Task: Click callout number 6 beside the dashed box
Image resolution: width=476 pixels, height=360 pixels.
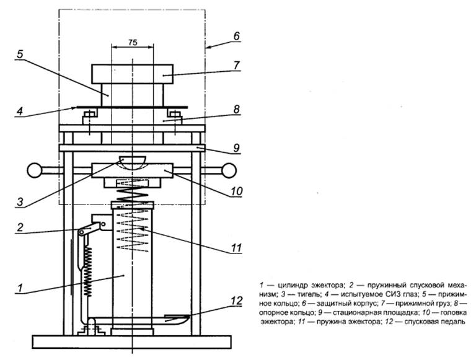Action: [x=236, y=37]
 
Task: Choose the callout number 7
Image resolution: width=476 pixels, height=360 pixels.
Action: [x=236, y=64]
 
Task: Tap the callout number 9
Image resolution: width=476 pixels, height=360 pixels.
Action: [x=236, y=149]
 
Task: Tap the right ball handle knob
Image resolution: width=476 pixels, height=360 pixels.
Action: [x=231, y=169]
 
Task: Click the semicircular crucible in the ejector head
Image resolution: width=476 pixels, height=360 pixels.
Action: [x=133, y=163]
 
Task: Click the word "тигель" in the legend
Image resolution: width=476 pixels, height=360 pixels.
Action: [x=294, y=294]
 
